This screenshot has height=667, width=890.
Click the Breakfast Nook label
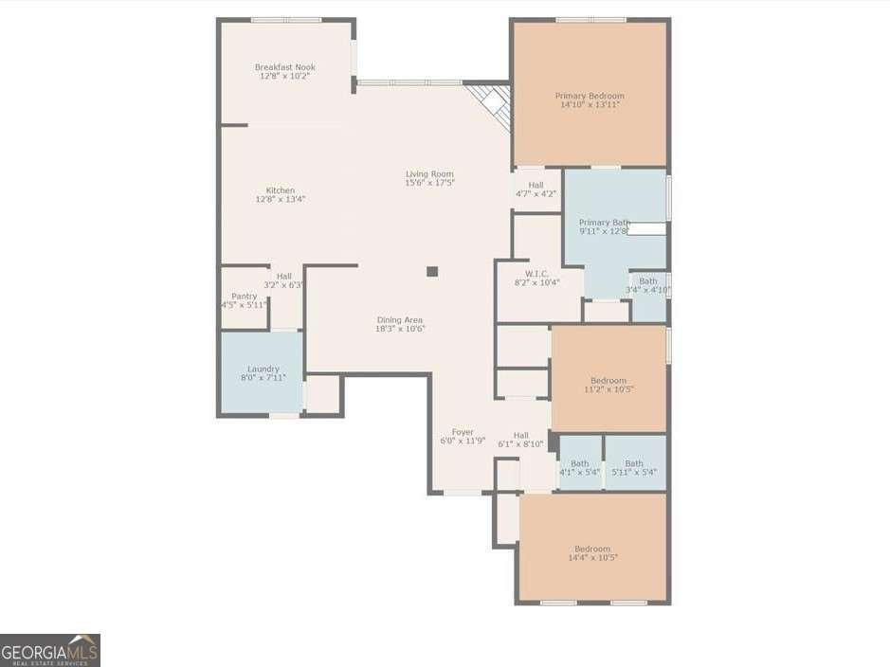[x=284, y=67]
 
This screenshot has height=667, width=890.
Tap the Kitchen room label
[x=281, y=190]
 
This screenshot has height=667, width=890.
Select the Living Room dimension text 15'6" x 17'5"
[x=429, y=182]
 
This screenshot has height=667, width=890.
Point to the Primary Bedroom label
[x=590, y=96]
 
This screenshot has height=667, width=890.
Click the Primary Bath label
[x=604, y=223]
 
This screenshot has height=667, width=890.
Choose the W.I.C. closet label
[x=536, y=274]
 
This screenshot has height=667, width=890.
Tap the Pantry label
[x=244, y=297]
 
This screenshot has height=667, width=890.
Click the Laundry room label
[x=263, y=369]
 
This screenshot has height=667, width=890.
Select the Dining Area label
[x=400, y=320]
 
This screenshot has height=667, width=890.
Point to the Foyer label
[x=463, y=432]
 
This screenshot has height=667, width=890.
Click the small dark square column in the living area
[x=432, y=272]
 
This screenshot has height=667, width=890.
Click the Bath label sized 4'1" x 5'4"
[x=579, y=463]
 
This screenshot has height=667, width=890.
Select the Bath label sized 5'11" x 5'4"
[x=633, y=463]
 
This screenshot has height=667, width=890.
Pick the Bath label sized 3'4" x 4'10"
[x=648, y=281]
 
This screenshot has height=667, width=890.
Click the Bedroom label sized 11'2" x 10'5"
[x=608, y=381]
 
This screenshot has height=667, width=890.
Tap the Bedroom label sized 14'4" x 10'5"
[x=592, y=549]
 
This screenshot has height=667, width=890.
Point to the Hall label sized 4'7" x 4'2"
[x=536, y=185]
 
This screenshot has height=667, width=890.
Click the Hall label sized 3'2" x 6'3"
[x=283, y=276]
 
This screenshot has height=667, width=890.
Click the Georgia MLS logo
[x=50, y=651]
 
